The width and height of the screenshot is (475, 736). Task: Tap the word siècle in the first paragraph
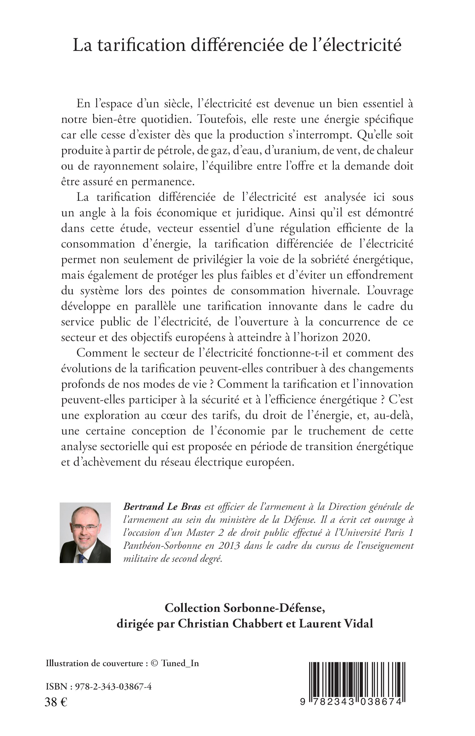[173, 104]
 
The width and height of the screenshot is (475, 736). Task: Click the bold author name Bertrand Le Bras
[162, 507]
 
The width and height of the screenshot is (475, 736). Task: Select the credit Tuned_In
[180, 664]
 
